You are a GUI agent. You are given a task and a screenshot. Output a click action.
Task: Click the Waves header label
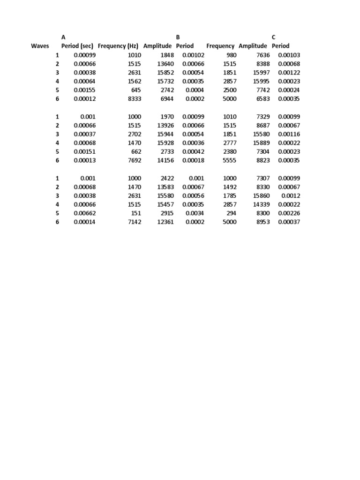pyautogui.click(x=40, y=46)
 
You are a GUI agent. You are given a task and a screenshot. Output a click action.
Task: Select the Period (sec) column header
pyautogui.click(x=77, y=46)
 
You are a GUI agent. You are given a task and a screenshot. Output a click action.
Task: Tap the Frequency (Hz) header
pyautogui.click(x=118, y=46)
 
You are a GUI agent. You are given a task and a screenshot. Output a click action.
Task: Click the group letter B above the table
pyautogui.click(x=178, y=37)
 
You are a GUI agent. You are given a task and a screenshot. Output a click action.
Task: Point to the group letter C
pyautogui.click(x=274, y=37)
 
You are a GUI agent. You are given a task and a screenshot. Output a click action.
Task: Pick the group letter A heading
pyautogui.click(x=63, y=37)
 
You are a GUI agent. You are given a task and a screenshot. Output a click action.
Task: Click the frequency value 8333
pyautogui.click(x=134, y=99)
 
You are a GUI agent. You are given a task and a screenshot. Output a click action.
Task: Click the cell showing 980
pyautogui.click(x=231, y=55)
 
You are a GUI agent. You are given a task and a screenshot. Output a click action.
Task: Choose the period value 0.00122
pyautogui.click(x=289, y=73)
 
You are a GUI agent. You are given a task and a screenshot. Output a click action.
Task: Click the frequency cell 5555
pyautogui.click(x=230, y=160)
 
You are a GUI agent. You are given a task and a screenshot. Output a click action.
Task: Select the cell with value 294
pyautogui.click(x=231, y=213)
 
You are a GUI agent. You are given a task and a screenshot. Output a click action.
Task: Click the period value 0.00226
pyautogui.click(x=289, y=213)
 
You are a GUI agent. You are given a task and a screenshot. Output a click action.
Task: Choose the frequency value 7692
pyautogui.click(x=134, y=160)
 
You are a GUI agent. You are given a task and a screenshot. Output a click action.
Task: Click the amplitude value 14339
pyautogui.click(x=261, y=204)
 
